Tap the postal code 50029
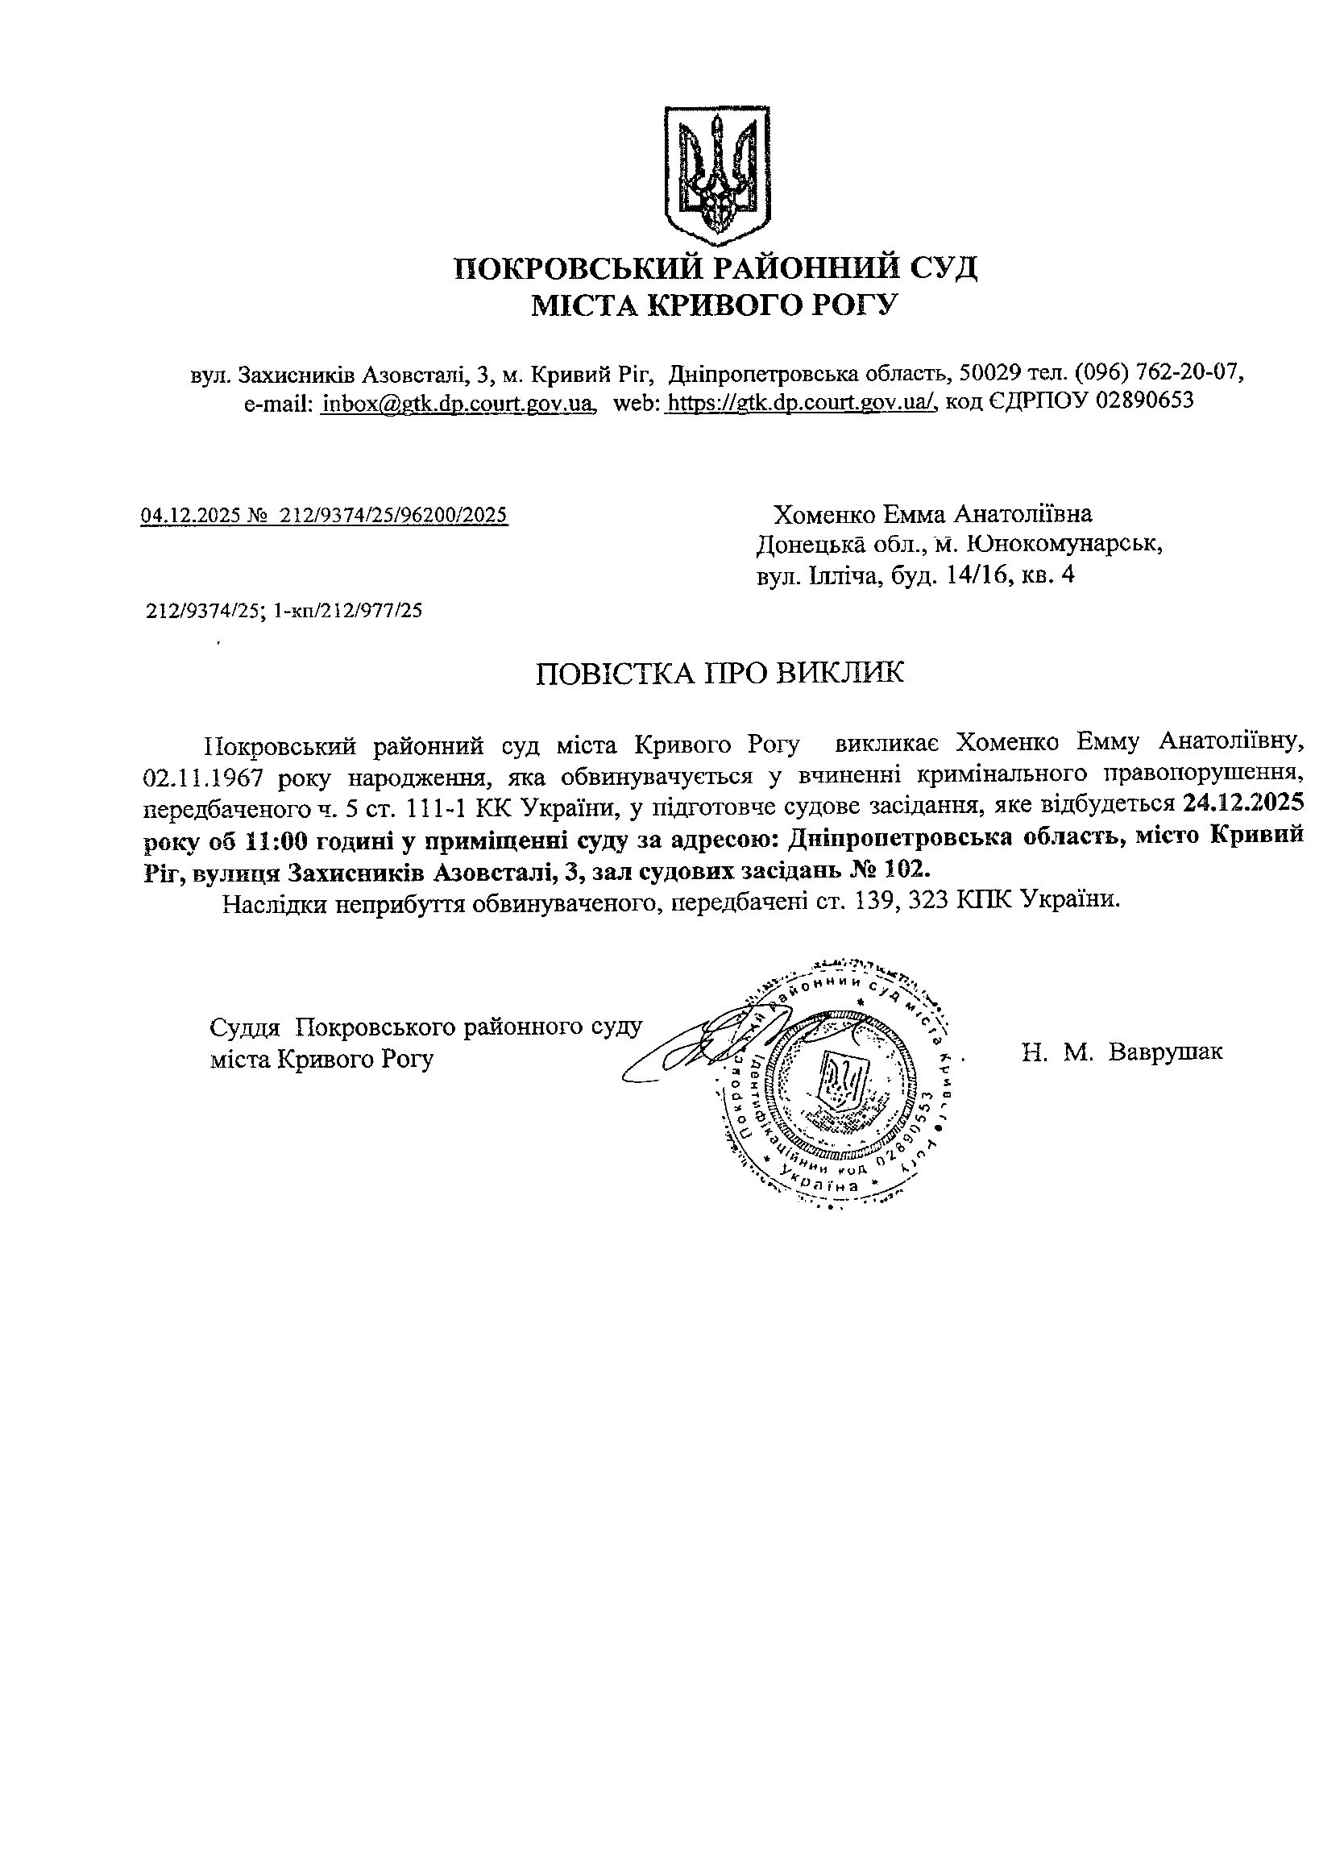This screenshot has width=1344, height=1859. pyautogui.click(x=990, y=374)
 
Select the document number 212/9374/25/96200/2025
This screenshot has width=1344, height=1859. pyautogui.click(x=393, y=515)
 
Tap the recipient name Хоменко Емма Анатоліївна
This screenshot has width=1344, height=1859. pyautogui.click(x=932, y=515)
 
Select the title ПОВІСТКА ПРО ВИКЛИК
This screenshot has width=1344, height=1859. pyautogui.click(x=720, y=674)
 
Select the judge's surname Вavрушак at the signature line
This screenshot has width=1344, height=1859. pyautogui.click(x=1164, y=1052)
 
